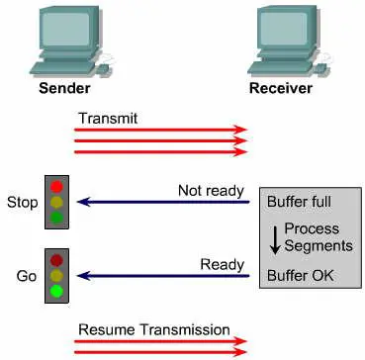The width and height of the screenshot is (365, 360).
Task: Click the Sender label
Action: pos(64,88)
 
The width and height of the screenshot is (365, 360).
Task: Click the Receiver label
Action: pos(281,88)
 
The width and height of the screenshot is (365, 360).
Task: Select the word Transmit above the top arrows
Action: pos(108,119)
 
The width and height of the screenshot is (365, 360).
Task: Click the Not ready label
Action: pos(211,191)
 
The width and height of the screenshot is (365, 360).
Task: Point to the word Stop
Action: pos(23,203)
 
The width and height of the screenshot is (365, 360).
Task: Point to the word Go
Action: pos(27,276)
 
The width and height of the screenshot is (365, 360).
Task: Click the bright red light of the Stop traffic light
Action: pos(56,186)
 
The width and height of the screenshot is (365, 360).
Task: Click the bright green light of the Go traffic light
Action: pos(56,291)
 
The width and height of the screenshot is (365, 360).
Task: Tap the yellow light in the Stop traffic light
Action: pos(56,202)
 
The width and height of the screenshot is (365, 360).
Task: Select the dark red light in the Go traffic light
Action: pos(56,259)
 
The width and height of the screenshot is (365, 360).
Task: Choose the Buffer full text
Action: pos(299,202)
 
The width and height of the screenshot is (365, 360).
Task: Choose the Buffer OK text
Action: pos(301,276)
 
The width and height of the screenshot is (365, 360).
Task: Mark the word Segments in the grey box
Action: pos(319,245)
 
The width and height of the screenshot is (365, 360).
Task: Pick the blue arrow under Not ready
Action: pos(163,202)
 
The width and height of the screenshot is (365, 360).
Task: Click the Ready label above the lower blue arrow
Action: pos(223,264)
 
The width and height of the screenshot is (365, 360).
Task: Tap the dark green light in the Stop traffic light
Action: pos(56,218)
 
